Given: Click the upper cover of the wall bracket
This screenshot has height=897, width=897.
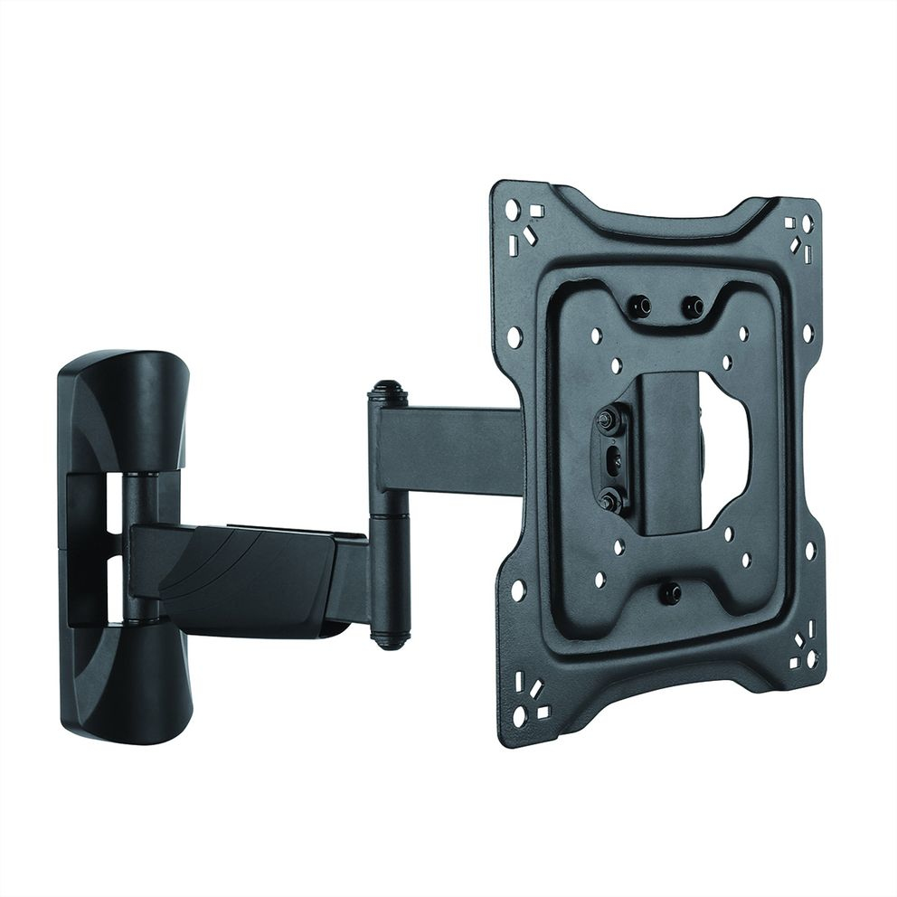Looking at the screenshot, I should pyautogui.click(x=122, y=407).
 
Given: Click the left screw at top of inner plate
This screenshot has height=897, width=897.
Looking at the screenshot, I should pyautogui.click(x=640, y=307).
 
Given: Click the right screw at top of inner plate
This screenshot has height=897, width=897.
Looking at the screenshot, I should pyautogui.click(x=693, y=307).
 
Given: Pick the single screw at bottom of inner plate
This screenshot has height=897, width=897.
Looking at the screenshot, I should pyautogui.click(x=670, y=593).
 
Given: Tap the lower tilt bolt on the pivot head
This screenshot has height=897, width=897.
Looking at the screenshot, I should pyautogui.click(x=609, y=497).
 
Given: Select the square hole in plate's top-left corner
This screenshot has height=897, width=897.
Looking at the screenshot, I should pyautogui.click(x=536, y=211).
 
